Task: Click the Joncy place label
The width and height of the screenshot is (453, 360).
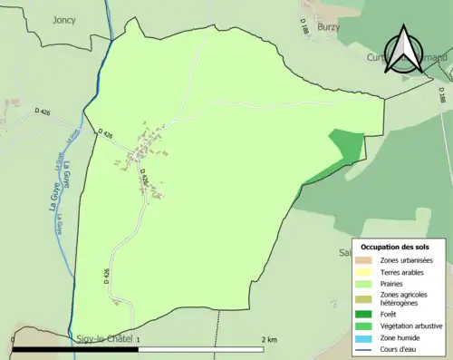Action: tap(64, 19)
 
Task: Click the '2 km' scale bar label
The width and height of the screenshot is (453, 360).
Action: tap(269, 339)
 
